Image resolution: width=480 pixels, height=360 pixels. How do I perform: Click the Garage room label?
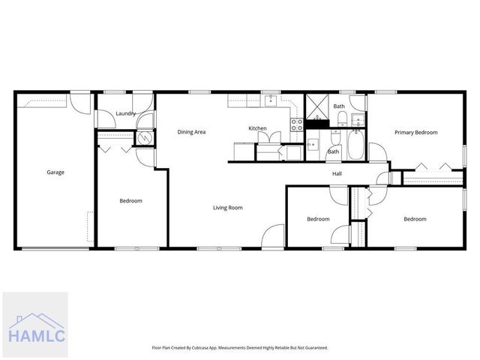pyautogui.click(x=55, y=172)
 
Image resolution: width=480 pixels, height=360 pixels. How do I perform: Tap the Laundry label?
pyautogui.click(x=125, y=114)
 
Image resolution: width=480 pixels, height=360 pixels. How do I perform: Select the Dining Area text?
pyautogui.click(x=191, y=132)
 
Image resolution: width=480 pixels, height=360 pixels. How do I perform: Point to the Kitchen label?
pyautogui.click(x=257, y=129)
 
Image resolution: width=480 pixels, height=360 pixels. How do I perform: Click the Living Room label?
pyautogui.click(x=227, y=208)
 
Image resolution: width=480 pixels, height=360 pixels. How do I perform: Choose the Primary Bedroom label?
pyautogui.click(x=416, y=132)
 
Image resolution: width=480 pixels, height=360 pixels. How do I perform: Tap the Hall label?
pyautogui.click(x=337, y=174)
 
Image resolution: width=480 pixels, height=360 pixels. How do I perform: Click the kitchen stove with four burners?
pyautogui.click(x=297, y=124)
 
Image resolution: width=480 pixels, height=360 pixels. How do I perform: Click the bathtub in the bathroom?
pyautogui.click(x=355, y=145)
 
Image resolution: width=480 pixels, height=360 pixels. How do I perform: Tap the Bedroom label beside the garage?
pyautogui.click(x=130, y=201)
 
